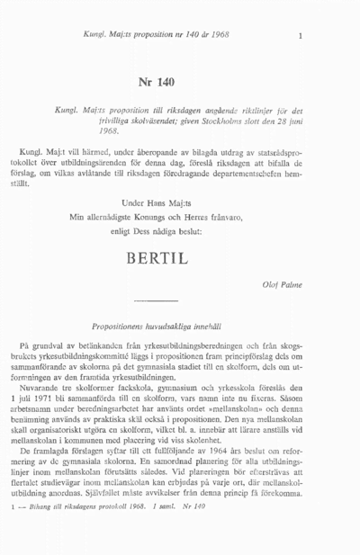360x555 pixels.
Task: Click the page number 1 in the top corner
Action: click(300, 36)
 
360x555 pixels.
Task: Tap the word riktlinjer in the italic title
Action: click(248, 107)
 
